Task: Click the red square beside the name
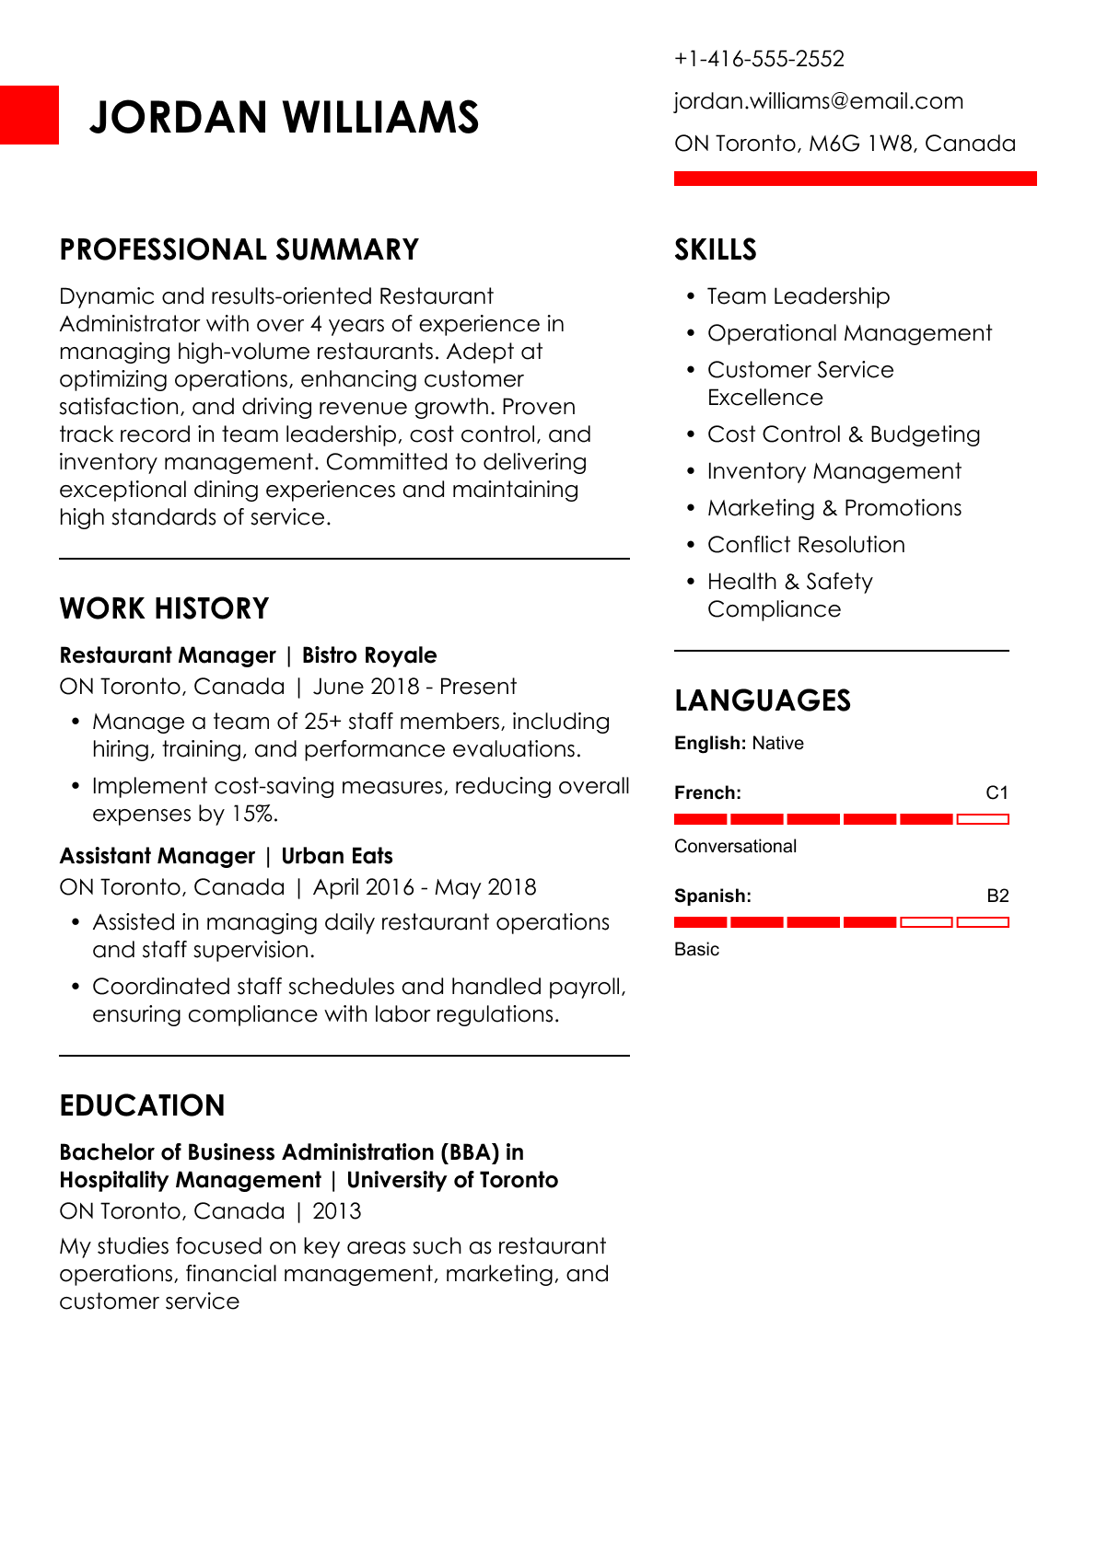pyautogui.click(x=29, y=115)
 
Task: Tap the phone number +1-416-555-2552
pyautogui.click(x=759, y=59)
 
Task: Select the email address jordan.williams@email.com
pyautogui.click(x=818, y=101)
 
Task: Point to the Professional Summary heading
pyautogui.click(x=239, y=249)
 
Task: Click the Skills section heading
pyautogui.click(x=715, y=249)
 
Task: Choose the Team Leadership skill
pyautogui.click(x=798, y=296)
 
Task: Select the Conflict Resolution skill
pyautogui.click(x=805, y=545)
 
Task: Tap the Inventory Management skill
pyautogui.click(x=834, y=471)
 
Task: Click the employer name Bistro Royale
pyautogui.click(x=369, y=655)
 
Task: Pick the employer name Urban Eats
pyautogui.click(x=336, y=856)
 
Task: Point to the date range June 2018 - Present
pyautogui.click(x=414, y=687)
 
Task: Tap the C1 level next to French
pyautogui.click(x=997, y=792)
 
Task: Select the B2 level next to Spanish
pyautogui.click(x=997, y=896)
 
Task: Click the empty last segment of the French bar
pyautogui.click(x=983, y=818)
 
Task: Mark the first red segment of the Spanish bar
pyautogui.click(x=700, y=921)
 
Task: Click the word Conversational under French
pyautogui.click(x=735, y=846)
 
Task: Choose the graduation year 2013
pyautogui.click(x=337, y=1211)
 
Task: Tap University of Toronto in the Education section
pyautogui.click(x=452, y=1180)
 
